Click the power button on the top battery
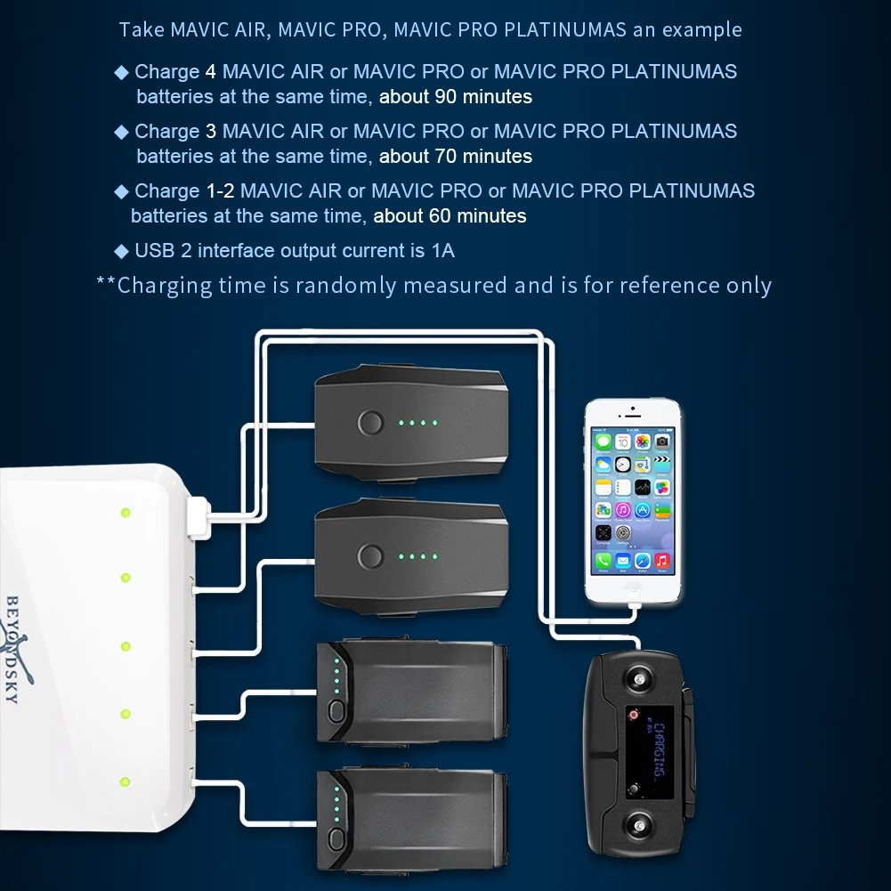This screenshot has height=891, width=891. click(x=369, y=423)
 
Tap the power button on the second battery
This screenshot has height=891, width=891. click(x=369, y=558)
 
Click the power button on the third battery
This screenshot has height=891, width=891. click(x=336, y=711)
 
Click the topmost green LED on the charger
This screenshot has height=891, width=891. click(x=126, y=512)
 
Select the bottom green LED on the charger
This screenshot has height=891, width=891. click(x=126, y=782)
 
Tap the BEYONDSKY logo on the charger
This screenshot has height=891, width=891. click(x=15, y=648)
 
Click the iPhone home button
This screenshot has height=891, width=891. click(x=633, y=588)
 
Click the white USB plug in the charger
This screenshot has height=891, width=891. click(x=198, y=518)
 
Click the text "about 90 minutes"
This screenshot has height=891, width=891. click(x=456, y=96)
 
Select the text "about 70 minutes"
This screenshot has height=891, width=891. click(x=456, y=156)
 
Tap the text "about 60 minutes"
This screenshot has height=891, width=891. click(x=450, y=215)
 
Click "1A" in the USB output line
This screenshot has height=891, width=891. click(x=442, y=250)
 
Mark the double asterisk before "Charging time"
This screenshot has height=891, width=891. click(x=106, y=284)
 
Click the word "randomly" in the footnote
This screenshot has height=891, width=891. click(x=345, y=285)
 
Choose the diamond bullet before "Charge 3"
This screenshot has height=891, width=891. click(x=122, y=132)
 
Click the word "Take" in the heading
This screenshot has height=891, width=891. click(x=142, y=29)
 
